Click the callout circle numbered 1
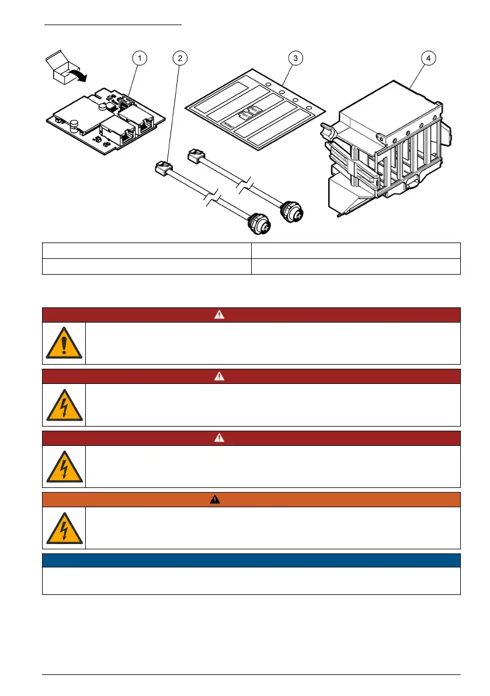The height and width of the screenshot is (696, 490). tap(138, 58)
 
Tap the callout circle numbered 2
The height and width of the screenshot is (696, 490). tap(180, 58)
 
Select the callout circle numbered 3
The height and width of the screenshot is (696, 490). tap(296, 58)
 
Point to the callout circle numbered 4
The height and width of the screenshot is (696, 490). tap(428, 58)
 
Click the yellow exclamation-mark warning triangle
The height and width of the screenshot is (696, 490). tap(64, 343)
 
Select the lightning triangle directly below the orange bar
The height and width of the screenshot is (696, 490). tap(64, 528)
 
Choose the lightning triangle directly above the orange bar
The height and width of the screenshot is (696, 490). tap(64, 466)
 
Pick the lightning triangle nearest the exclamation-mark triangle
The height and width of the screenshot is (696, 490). tap(64, 404)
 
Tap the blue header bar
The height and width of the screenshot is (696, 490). tap(251, 560)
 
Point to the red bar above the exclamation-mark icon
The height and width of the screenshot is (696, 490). tap(251, 314)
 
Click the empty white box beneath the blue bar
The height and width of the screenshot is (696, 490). tap(251, 581)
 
